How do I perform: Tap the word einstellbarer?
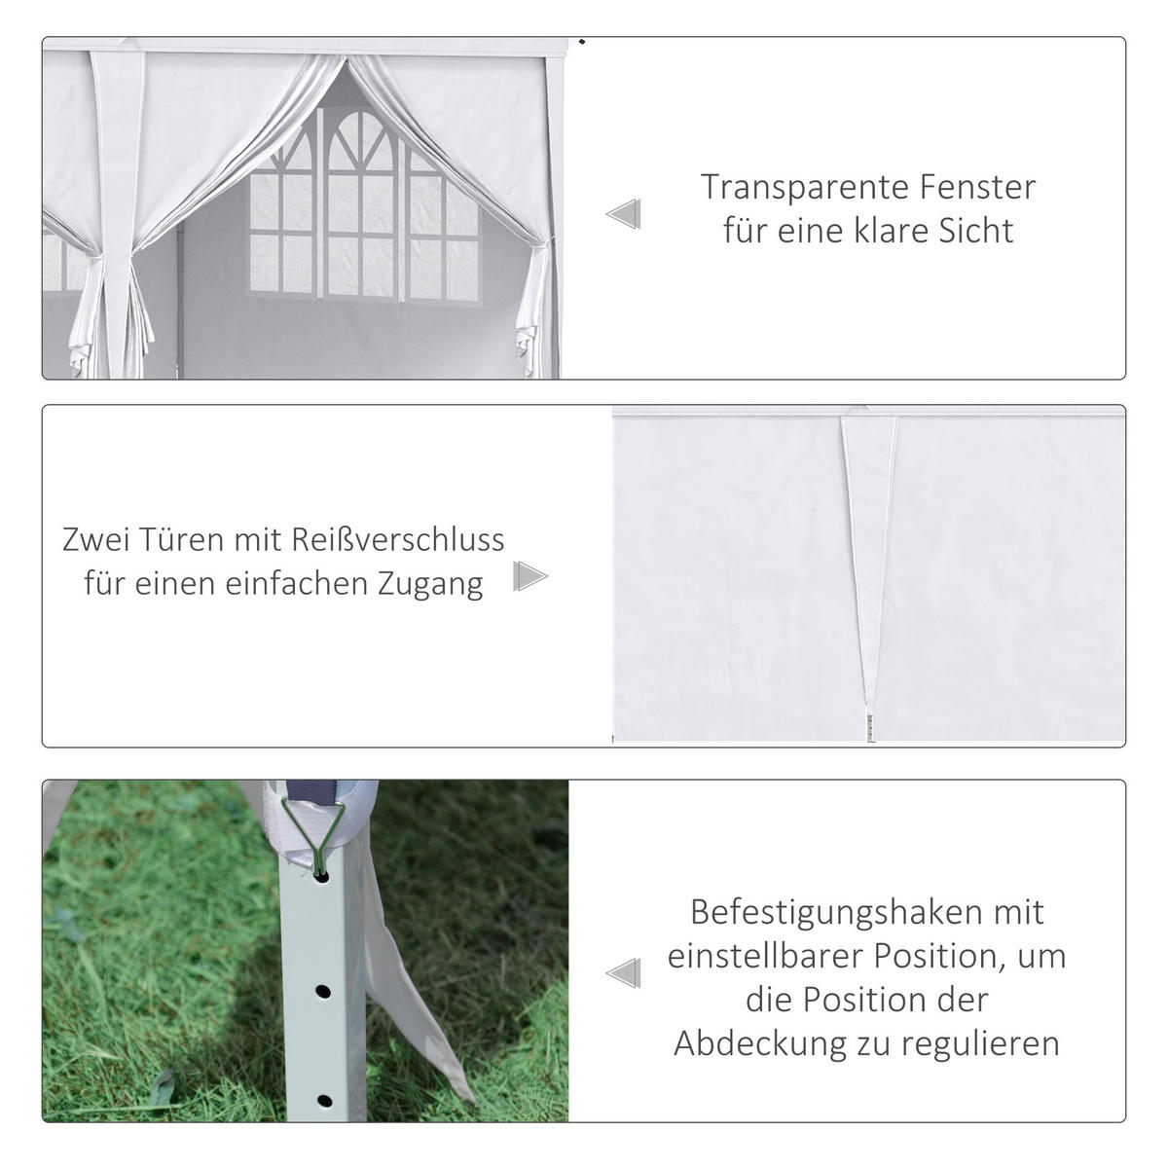tap(764, 956)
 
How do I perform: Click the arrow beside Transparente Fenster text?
tap(624, 213)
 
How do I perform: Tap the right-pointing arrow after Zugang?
tap(529, 576)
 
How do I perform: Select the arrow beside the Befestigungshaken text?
tap(624, 972)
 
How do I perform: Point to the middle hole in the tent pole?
tap(322, 992)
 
